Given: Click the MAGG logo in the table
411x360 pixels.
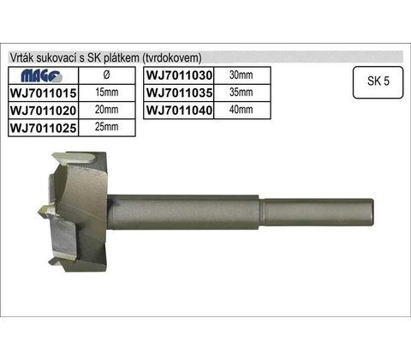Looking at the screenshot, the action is [42, 76].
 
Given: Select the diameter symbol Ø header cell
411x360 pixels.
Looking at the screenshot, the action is [106, 75].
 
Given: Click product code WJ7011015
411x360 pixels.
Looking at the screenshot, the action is [44, 93].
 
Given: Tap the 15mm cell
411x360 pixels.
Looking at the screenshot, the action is [106, 93].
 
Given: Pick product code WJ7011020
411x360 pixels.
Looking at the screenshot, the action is [44, 111].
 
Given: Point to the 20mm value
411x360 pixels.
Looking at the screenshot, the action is [106, 110].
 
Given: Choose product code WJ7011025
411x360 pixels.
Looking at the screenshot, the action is [44, 128].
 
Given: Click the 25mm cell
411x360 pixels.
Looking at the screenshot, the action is [106, 127].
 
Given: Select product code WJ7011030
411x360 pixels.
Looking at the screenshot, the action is [179, 75].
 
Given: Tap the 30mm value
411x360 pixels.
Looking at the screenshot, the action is [241, 75].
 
